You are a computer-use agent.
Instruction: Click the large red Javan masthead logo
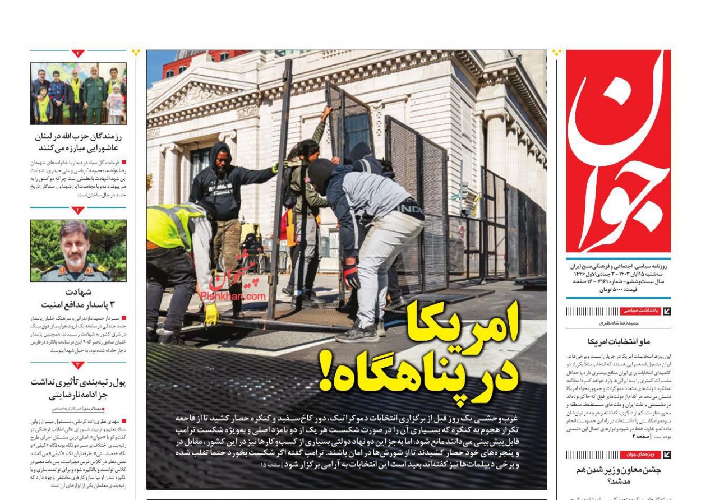[x=618, y=151]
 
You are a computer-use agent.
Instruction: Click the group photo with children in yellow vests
[x=78, y=93]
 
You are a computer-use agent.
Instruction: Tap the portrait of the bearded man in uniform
[x=78, y=250]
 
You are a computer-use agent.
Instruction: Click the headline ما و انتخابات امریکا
[x=619, y=341]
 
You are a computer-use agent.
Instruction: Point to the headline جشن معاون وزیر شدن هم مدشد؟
[x=618, y=475]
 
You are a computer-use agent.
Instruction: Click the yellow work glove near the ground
[x=211, y=314]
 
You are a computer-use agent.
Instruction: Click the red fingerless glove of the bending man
[x=352, y=276]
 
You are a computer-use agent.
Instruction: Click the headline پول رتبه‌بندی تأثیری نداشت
[x=78, y=388]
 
